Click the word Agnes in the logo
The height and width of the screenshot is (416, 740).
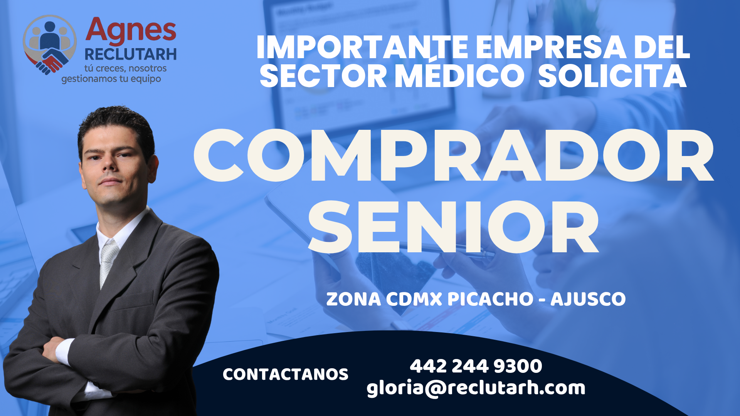[x=131, y=31]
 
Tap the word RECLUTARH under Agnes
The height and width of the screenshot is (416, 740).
[x=131, y=55]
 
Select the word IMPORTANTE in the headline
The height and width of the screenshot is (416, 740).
[x=362, y=47]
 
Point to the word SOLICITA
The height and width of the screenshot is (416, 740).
[x=612, y=76]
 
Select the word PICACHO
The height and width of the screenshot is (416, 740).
[x=490, y=299]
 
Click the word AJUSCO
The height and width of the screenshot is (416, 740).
[x=588, y=299]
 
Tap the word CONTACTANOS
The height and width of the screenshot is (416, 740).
[x=286, y=374]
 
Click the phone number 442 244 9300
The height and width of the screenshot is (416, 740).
[x=476, y=366]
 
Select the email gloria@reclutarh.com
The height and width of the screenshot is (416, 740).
[x=476, y=388]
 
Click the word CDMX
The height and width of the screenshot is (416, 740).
[x=414, y=299]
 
